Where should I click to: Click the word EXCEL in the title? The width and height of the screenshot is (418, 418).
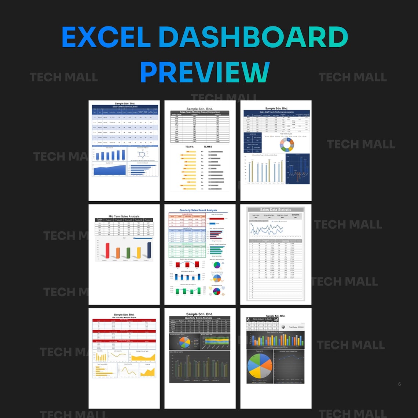pyautogui.click(x=106, y=37)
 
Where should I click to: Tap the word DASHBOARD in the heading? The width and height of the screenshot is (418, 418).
pyautogui.click(x=253, y=37)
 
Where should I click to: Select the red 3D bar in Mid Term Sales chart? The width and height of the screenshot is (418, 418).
pyautogui.click(x=107, y=250)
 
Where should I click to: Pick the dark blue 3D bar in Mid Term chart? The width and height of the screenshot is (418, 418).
pyautogui.click(x=149, y=248)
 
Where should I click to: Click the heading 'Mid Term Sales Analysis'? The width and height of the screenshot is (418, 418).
pyautogui.click(x=124, y=216)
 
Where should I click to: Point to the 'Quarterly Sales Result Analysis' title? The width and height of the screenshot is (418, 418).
pyautogui.click(x=198, y=210)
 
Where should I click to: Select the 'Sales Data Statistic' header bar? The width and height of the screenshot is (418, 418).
pyautogui.click(x=275, y=210)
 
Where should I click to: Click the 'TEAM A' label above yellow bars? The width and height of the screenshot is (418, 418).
pyautogui.click(x=189, y=147)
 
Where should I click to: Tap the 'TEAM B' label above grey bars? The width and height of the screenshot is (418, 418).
pyautogui.click(x=208, y=147)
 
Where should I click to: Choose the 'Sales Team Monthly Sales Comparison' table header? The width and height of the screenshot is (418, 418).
pyautogui.click(x=200, y=112)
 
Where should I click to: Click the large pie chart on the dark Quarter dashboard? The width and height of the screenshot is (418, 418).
pyautogui.click(x=260, y=366)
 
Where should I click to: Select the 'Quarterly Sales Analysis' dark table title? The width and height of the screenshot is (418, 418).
pyautogui.click(x=199, y=318)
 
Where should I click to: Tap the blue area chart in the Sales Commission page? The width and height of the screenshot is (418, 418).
pyautogui.click(x=109, y=169)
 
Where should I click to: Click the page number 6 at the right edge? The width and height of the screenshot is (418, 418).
pyautogui.click(x=399, y=384)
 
